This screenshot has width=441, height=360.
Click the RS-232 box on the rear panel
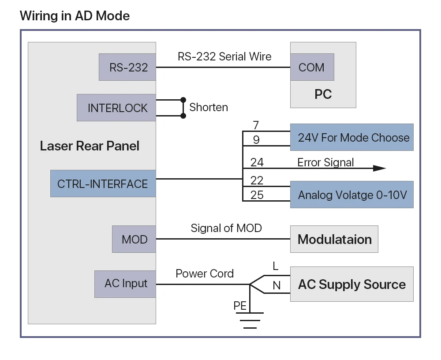127,67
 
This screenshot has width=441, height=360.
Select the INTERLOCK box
116,108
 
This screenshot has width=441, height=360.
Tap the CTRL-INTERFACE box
103,184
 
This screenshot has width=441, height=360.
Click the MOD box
134,239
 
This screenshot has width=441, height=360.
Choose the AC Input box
125,284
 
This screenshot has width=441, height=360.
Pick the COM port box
312,67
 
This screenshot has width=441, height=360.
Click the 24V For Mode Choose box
351,137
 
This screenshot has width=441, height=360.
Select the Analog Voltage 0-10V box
351,195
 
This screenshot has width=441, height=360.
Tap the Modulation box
334,239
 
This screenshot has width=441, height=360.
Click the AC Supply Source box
351,284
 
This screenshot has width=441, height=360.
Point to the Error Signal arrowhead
379,168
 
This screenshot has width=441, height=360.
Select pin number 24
257,162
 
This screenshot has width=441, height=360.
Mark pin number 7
256,126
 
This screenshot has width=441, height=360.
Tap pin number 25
257,195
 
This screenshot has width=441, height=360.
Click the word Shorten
209,107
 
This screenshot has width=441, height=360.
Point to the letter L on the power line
276,266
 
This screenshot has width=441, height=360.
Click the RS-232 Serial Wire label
224,56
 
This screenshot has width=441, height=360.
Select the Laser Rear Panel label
90,146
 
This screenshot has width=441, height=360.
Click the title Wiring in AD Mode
75,16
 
